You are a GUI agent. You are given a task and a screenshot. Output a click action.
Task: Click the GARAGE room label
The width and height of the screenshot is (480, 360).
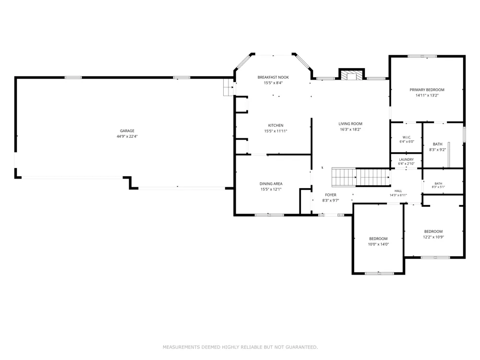pyautogui.click(x=127, y=131)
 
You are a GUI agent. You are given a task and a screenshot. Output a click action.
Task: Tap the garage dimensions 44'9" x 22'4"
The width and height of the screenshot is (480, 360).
pyautogui.click(x=127, y=136)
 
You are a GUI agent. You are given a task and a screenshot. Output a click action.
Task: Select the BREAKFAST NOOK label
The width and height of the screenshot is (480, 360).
pyautogui.click(x=273, y=77)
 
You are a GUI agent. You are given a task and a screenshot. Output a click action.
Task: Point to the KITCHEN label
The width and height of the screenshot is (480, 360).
pyautogui.click(x=276, y=125)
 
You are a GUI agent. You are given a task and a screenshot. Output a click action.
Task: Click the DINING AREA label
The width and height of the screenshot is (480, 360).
pyautogui.click(x=271, y=184)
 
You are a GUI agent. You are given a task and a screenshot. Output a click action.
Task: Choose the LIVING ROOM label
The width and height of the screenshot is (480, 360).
pyautogui.click(x=350, y=124)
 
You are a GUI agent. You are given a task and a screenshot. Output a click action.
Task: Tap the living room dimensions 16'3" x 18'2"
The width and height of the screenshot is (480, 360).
pyautogui.click(x=350, y=130)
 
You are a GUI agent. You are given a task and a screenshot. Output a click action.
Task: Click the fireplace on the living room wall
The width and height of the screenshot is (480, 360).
pyautogui.click(x=351, y=74)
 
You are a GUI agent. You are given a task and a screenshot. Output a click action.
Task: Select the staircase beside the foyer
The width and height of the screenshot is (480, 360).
pyautogui.click(x=361, y=177)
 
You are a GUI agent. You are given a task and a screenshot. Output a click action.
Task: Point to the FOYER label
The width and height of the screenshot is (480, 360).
pyautogui.click(x=331, y=195)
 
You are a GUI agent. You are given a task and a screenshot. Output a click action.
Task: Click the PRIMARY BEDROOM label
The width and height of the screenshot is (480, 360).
pyautogui.click(x=427, y=90)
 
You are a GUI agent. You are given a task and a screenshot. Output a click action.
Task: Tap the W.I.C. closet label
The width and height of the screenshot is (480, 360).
pyautogui.click(x=407, y=137)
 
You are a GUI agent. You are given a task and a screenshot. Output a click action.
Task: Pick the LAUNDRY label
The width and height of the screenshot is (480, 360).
pyautogui.click(x=406, y=159)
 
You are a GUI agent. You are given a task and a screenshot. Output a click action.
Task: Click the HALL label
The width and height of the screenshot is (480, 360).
pyautogui.click(x=398, y=191)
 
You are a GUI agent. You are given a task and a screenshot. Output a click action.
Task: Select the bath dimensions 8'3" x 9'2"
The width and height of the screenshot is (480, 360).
pyautogui.click(x=437, y=150)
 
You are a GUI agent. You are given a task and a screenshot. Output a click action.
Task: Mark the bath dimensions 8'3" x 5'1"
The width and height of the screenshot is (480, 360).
pyautogui.click(x=438, y=187)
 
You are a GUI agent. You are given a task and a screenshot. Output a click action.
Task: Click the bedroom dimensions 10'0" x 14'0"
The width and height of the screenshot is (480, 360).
pyautogui.click(x=378, y=244)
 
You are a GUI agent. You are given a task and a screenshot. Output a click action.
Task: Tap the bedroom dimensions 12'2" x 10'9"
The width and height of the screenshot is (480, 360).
pyautogui.click(x=433, y=237)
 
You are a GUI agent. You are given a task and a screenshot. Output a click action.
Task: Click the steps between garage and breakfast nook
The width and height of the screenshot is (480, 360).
pyautogui.click(x=228, y=87)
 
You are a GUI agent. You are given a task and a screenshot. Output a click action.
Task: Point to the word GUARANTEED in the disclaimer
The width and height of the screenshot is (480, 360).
pyautogui.click(x=301, y=347)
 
